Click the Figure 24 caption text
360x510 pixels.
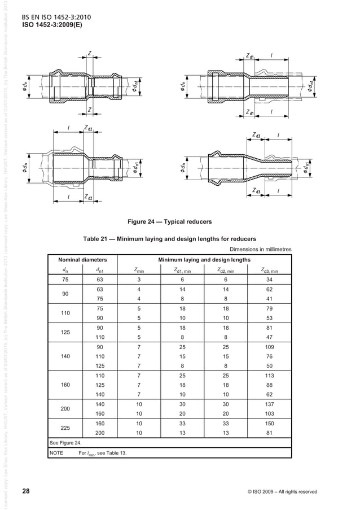(179, 221)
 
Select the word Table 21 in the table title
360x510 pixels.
(98, 238)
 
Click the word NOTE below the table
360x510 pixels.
(58, 453)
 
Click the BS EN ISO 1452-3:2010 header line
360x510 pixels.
(57, 17)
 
